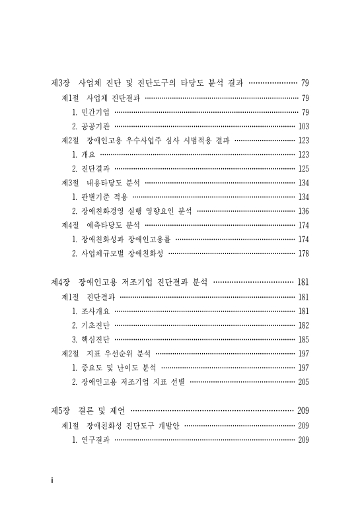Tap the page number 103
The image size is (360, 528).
click(x=304, y=126)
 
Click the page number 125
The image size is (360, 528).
click(x=304, y=168)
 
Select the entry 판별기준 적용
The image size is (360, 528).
click(x=104, y=197)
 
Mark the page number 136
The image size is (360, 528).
click(x=304, y=211)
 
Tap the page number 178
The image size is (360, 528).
click(x=304, y=253)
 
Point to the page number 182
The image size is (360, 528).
click(x=304, y=325)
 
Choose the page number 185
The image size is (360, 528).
click(x=304, y=339)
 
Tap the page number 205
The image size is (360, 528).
click(x=304, y=381)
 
